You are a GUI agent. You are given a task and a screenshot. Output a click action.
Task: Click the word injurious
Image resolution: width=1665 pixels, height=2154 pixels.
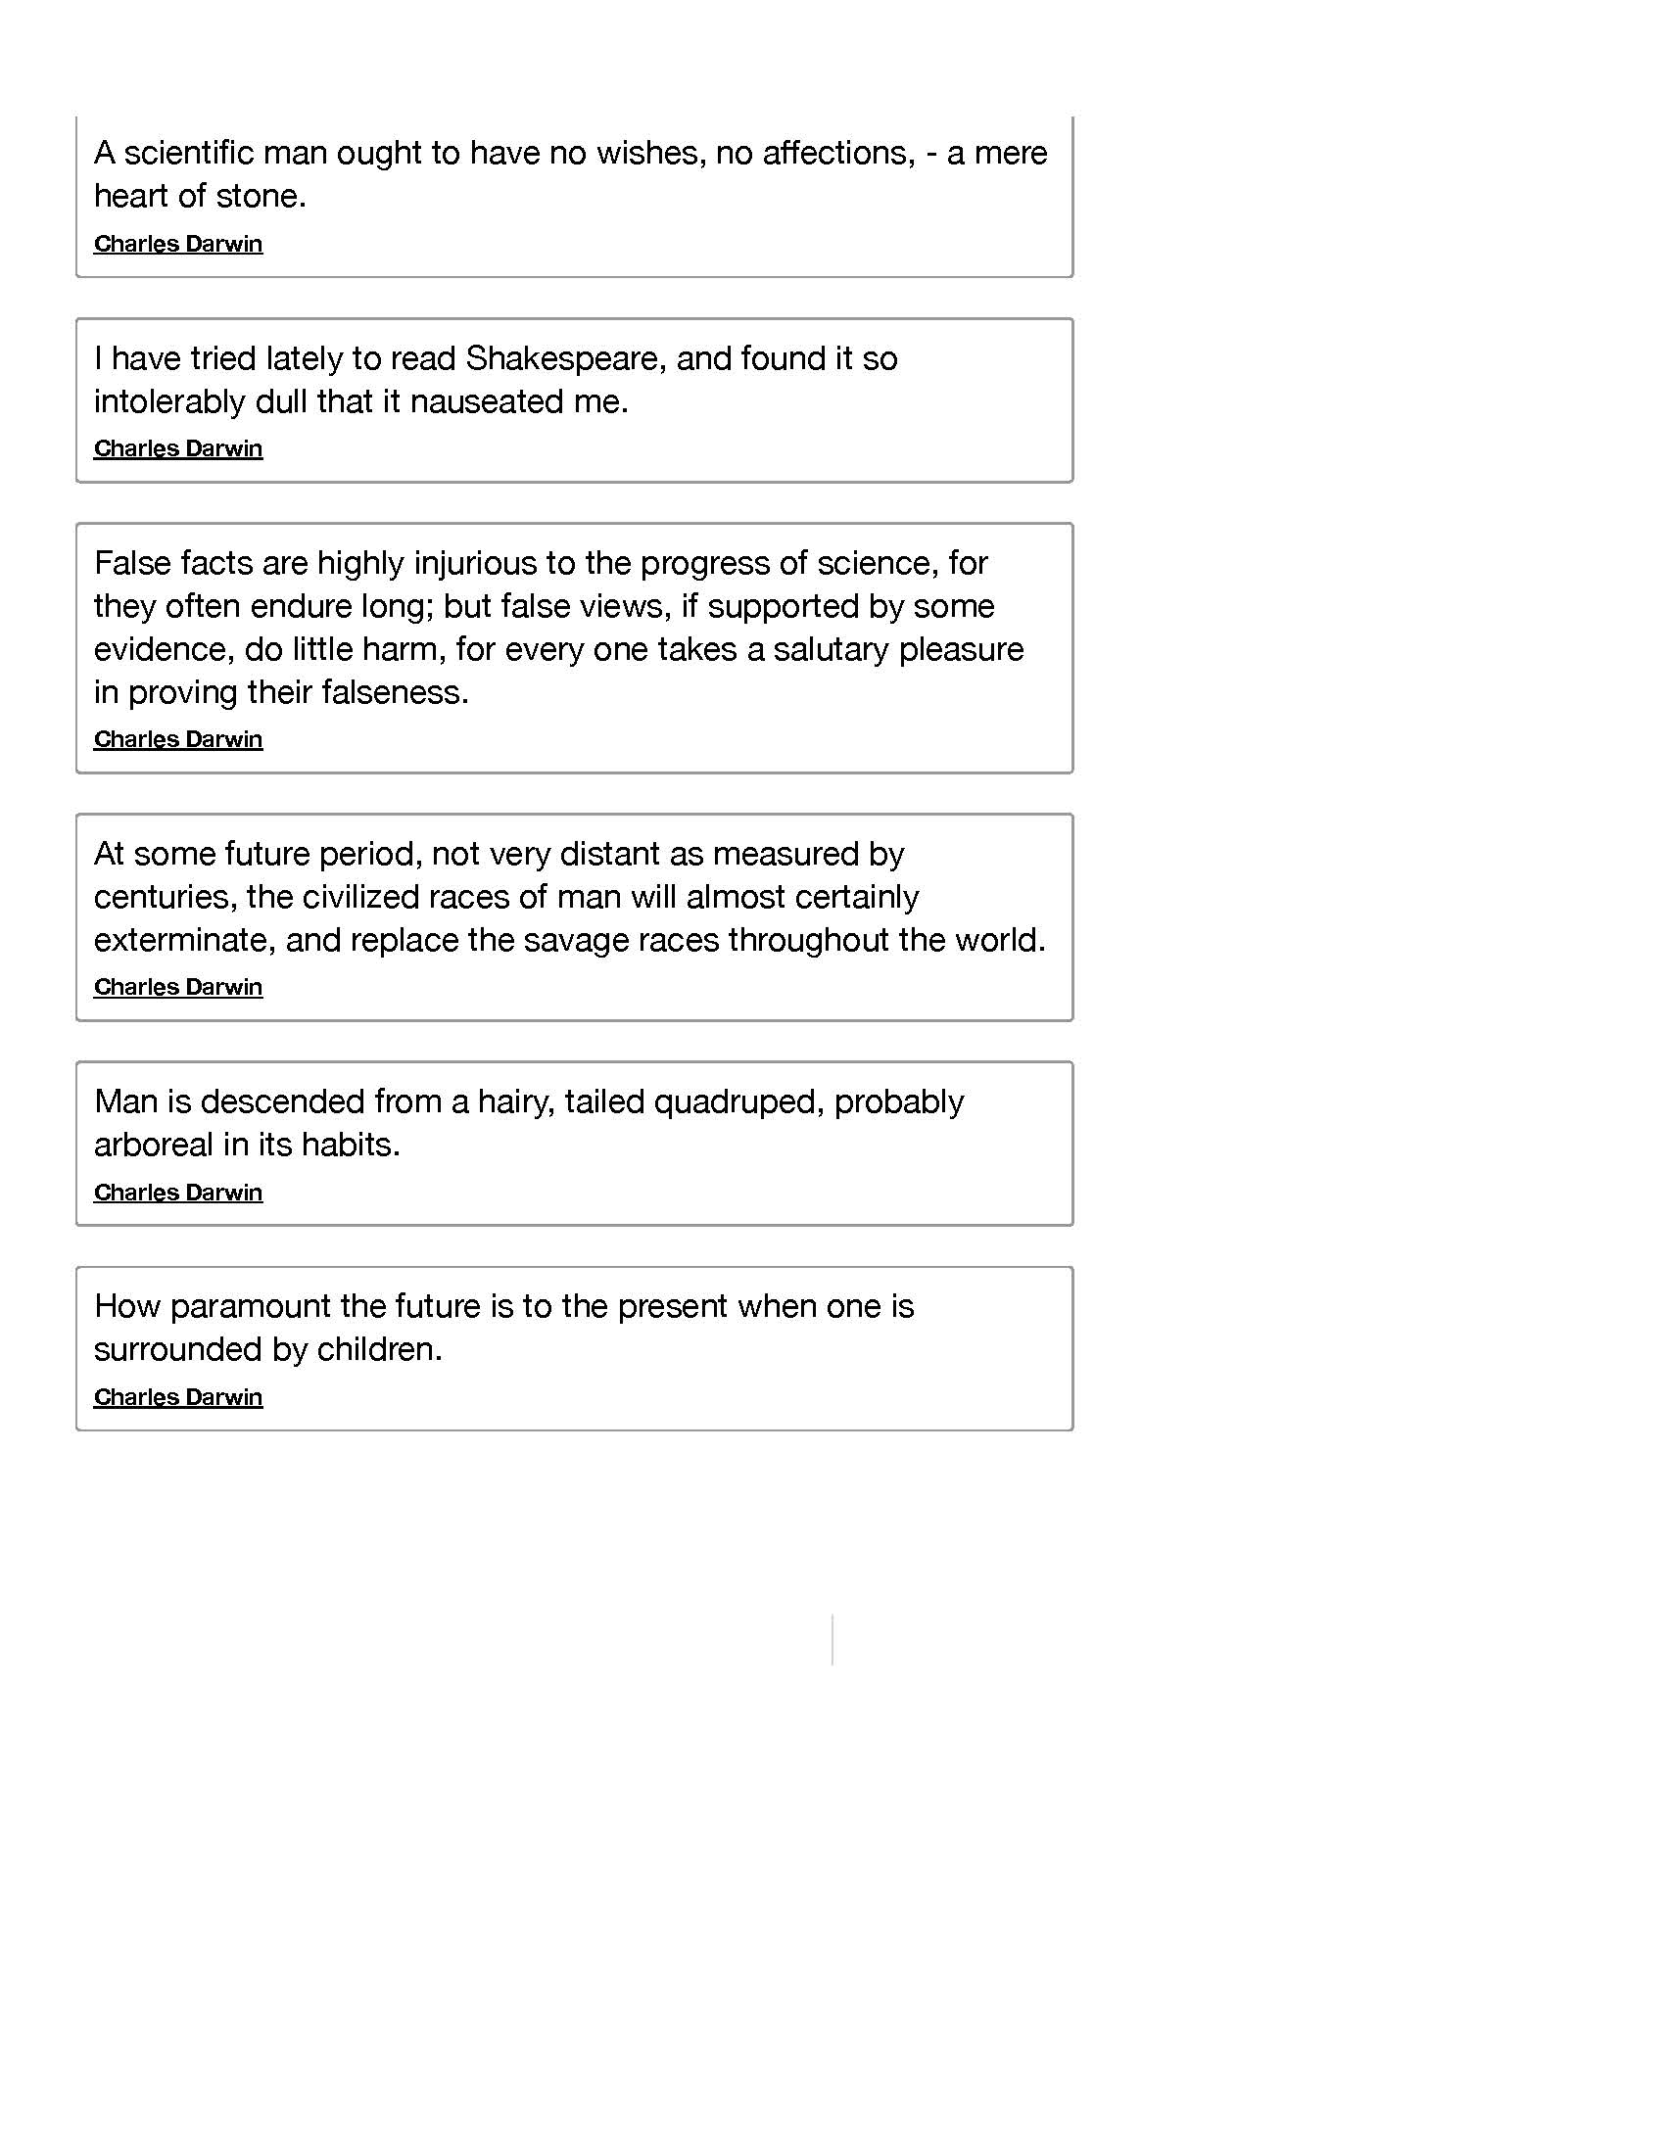(x=474, y=563)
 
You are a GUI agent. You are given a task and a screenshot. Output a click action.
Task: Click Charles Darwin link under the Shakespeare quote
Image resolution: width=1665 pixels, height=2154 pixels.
(x=177, y=448)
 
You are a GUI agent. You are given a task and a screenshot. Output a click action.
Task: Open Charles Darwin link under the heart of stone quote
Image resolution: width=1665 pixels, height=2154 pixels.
(x=177, y=244)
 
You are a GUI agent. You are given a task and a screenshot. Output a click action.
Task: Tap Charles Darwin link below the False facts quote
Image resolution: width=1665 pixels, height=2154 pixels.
(x=177, y=739)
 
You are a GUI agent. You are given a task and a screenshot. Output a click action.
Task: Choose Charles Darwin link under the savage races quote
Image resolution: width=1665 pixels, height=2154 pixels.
(x=177, y=987)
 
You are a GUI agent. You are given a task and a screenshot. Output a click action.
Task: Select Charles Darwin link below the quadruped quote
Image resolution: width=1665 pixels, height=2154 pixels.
(x=177, y=1193)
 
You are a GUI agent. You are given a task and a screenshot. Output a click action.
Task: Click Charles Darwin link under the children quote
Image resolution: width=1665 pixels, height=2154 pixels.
(x=177, y=1397)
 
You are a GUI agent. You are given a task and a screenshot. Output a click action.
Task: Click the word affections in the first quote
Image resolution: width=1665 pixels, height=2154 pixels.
(x=821, y=153)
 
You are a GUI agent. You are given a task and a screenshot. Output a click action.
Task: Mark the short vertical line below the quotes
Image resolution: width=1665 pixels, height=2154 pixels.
(x=832, y=1639)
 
